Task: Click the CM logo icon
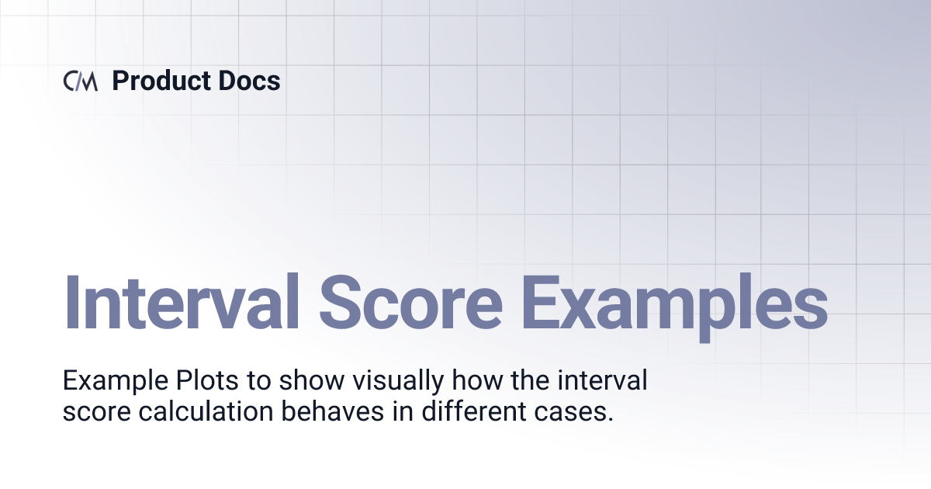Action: pyautogui.click(x=80, y=81)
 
